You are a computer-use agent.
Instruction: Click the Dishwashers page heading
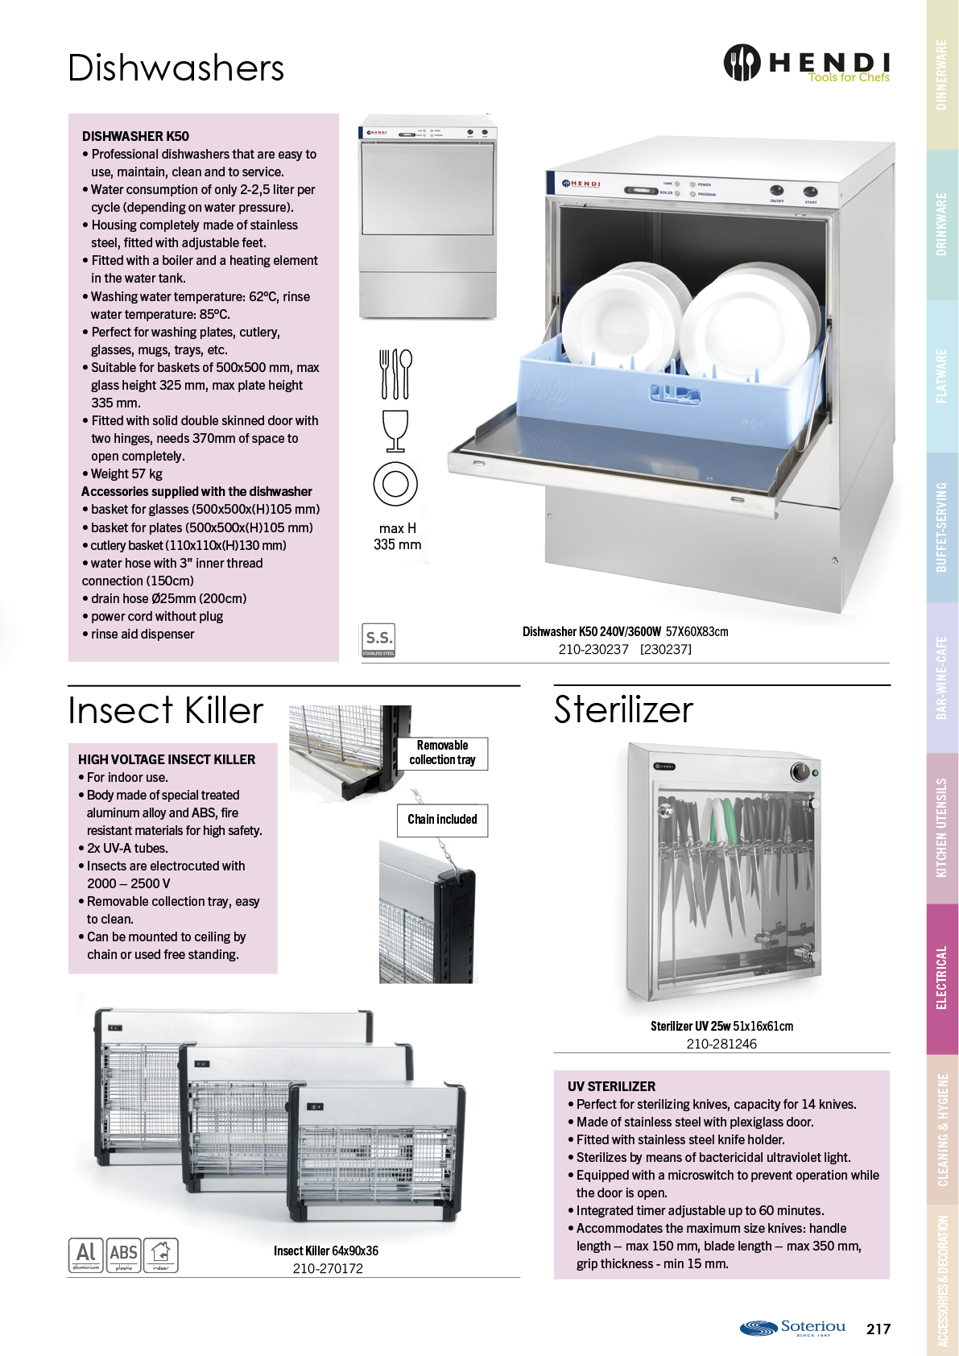(176, 68)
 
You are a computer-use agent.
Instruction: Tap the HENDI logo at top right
(807, 62)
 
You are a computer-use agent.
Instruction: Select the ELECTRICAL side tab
(941, 978)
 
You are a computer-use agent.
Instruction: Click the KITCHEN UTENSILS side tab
(941, 828)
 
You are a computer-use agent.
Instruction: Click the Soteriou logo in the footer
(792, 1328)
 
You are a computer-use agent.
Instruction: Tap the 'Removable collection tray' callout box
(442, 752)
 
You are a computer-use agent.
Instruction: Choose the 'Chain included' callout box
(442, 820)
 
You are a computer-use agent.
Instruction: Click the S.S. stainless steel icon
(378, 640)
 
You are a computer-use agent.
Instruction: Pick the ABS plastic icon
(123, 1255)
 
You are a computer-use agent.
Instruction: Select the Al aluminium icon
(86, 1255)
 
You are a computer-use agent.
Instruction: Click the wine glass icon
(395, 431)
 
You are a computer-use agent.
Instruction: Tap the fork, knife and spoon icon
(395, 374)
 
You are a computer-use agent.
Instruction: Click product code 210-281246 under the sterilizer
(721, 1044)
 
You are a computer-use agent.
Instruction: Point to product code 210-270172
(328, 1268)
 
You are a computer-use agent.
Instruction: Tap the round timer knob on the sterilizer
(800, 772)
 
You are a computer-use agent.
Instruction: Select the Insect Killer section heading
(165, 710)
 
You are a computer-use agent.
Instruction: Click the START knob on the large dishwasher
(810, 192)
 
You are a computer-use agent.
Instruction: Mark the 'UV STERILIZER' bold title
(611, 1086)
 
